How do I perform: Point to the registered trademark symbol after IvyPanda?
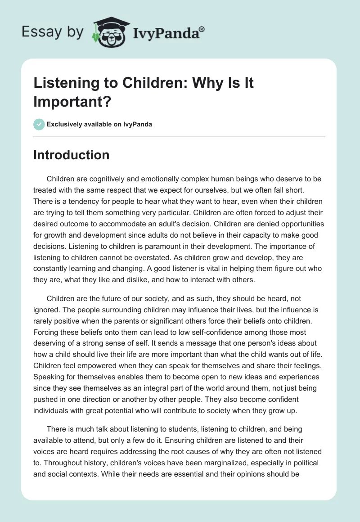click(202, 29)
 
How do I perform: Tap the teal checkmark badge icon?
click(39, 124)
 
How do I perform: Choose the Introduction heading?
click(71, 155)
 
